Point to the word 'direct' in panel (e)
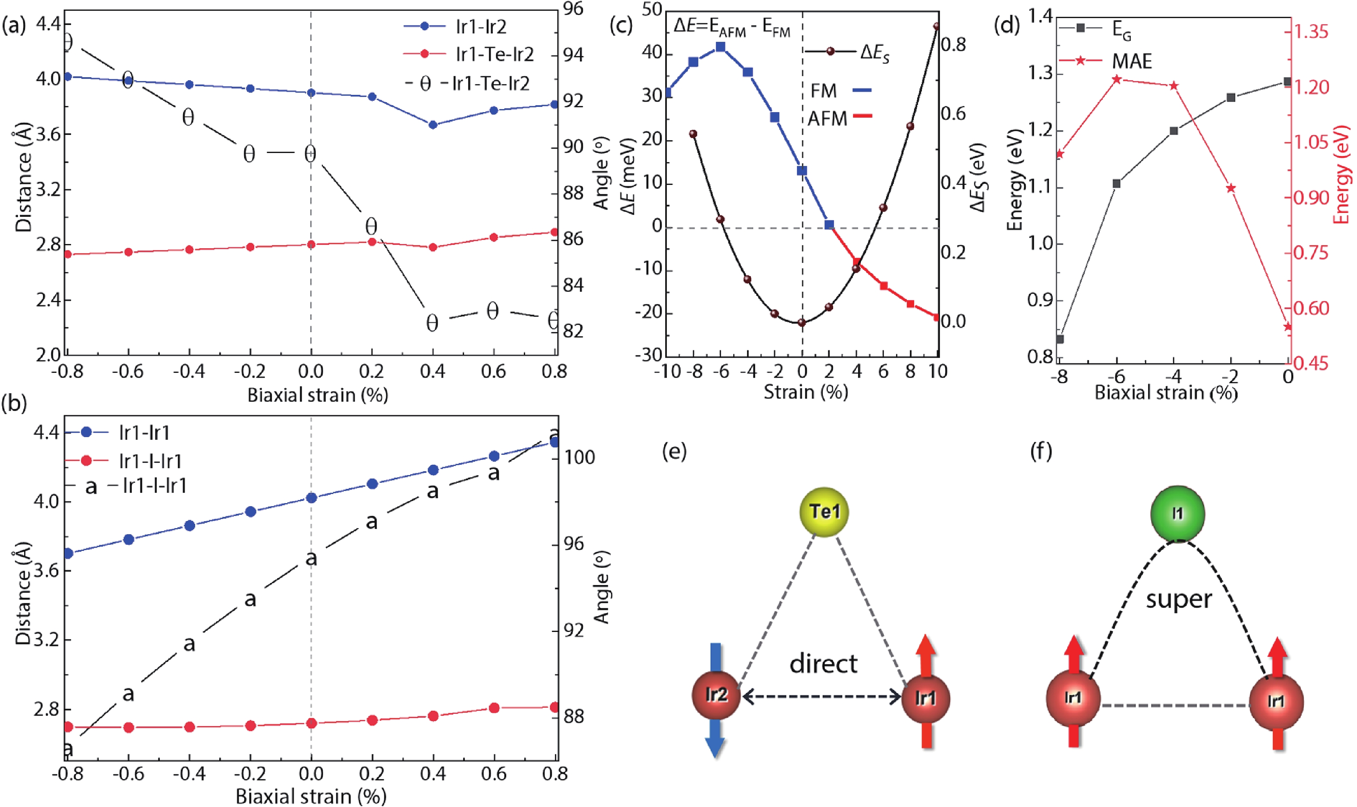(x=823, y=663)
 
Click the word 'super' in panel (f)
(x=1179, y=599)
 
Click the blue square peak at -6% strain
(x=721, y=47)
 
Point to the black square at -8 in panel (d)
(x=1060, y=339)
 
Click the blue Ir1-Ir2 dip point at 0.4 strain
(x=433, y=125)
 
